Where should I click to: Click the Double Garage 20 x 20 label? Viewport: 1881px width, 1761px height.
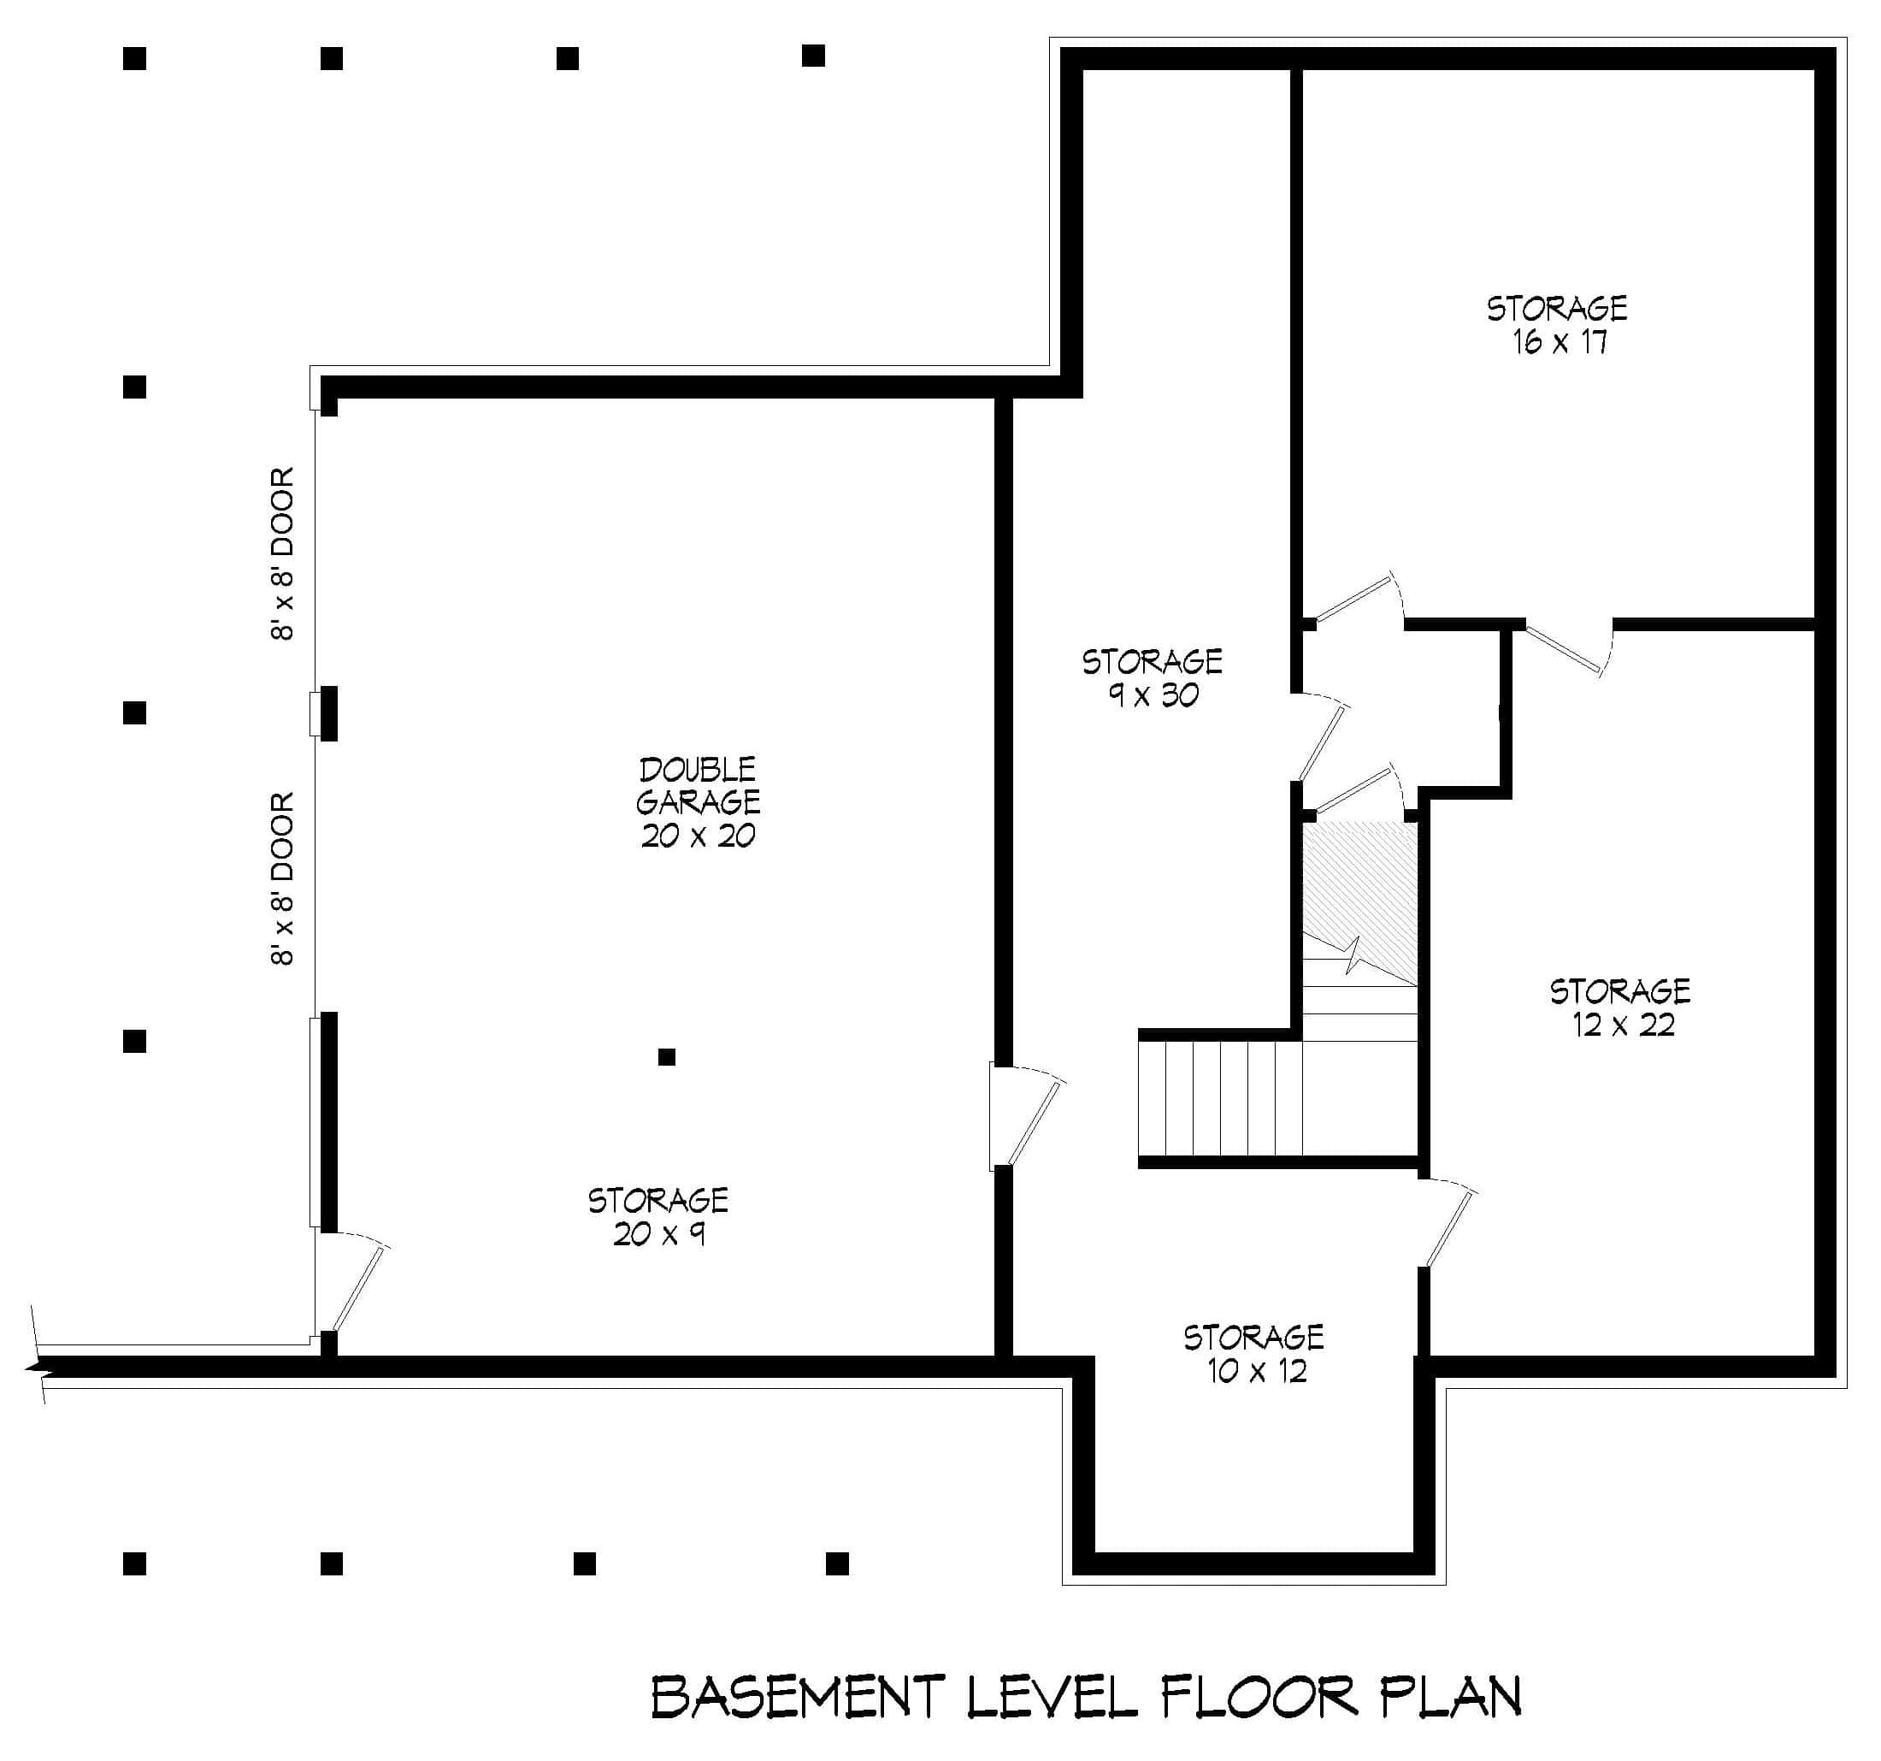pyautogui.click(x=698, y=802)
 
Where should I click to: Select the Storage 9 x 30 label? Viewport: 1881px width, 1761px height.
pyautogui.click(x=1152, y=677)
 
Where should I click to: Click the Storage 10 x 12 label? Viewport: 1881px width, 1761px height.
pyautogui.click(x=1253, y=1354)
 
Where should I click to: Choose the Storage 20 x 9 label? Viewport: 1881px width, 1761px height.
pyautogui.click(x=657, y=1217)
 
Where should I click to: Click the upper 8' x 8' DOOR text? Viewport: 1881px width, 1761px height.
pyautogui.click(x=283, y=553)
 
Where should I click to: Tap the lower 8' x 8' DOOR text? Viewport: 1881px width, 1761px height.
pyautogui.click(x=283, y=879)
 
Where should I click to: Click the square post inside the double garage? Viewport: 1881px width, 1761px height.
pyautogui.click(x=666, y=1057)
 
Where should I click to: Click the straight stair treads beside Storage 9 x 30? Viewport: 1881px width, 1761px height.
pyautogui.click(x=1221, y=1097)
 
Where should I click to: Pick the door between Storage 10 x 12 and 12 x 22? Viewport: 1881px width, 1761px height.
pyautogui.click(x=1448, y=1226)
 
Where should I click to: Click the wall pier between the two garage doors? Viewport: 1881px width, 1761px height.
pyautogui.click(x=327, y=713)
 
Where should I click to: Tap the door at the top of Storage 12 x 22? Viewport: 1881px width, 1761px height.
pyautogui.click(x=1566, y=648)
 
